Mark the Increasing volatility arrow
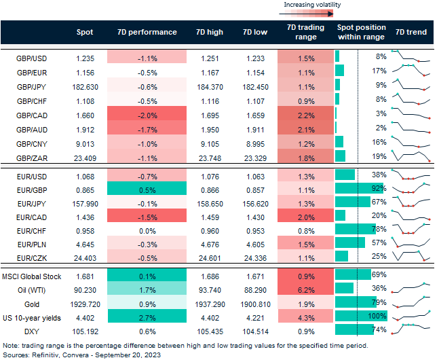coord(312,12)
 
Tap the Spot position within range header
coord(361,32)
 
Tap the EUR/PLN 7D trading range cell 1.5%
coord(306,243)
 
